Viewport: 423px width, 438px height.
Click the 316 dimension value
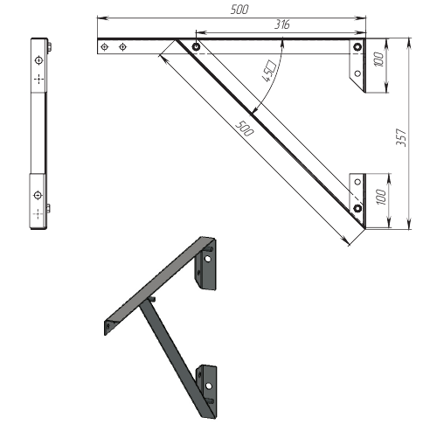click(x=282, y=24)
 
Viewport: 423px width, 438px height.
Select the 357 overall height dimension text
click(x=401, y=137)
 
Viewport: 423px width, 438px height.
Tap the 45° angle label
click(x=269, y=71)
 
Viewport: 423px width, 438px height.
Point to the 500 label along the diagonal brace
click(x=244, y=129)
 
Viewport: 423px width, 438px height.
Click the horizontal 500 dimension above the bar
click(x=239, y=10)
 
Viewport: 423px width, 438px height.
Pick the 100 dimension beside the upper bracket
click(x=379, y=59)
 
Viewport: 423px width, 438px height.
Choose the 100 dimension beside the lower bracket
click(x=380, y=197)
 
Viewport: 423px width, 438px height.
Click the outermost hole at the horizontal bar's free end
click(x=105, y=46)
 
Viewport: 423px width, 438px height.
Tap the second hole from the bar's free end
click(x=123, y=46)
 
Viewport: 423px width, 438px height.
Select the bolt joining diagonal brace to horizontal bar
click(x=196, y=46)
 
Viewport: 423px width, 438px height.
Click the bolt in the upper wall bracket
click(x=357, y=47)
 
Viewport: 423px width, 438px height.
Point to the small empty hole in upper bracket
click(x=357, y=73)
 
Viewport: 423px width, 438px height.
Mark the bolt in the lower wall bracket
click(x=357, y=208)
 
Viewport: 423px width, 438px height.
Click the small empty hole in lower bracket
click(x=357, y=182)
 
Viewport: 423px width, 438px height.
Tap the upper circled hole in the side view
click(x=38, y=60)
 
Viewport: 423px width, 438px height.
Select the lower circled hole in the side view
click(x=38, y=195)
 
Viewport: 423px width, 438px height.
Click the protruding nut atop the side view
click(x=50, y=46)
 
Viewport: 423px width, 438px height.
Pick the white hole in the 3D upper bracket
click(x=207, y=259)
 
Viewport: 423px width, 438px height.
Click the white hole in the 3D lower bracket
click(x=209, y=386)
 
